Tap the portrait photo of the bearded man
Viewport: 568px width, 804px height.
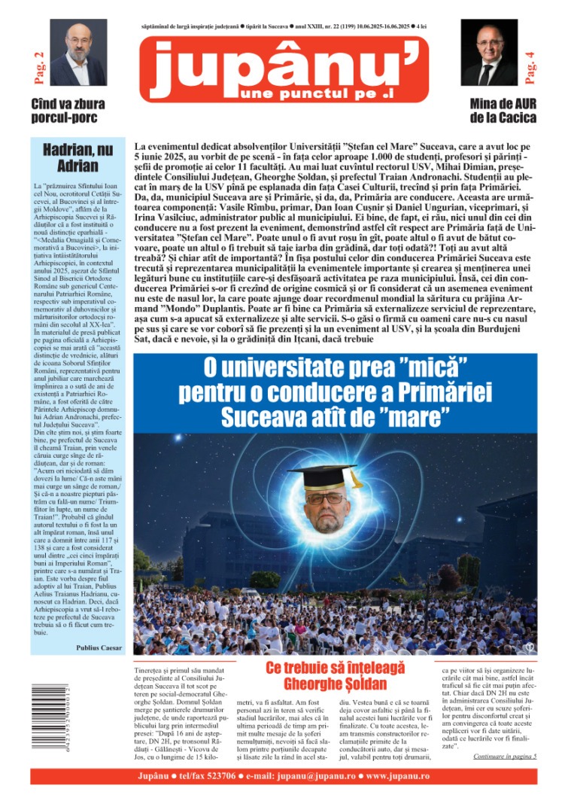[78, 53]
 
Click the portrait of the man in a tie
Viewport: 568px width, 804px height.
[488, 53]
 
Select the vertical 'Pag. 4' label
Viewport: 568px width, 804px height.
[530, 66]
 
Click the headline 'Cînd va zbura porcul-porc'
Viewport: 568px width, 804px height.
[68, 111]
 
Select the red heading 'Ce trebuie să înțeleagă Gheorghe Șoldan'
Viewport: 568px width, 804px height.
[335, 675]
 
